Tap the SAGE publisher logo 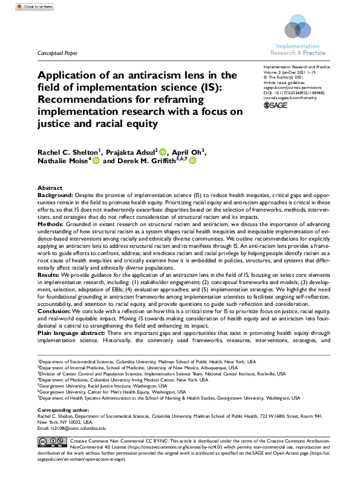tap(277, 106)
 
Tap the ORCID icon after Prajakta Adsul tap(163, 151)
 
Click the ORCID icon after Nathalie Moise tap(96, 161)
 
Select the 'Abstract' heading tap(50, 189)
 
